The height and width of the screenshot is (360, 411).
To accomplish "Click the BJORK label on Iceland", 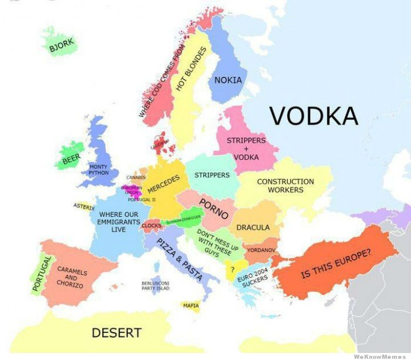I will pos(62,45).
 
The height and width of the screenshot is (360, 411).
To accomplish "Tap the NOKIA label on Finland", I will pos(228,80).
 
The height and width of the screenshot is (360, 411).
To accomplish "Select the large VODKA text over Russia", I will pos(314,116).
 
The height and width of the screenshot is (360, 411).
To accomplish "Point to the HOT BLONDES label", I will pos(188,69).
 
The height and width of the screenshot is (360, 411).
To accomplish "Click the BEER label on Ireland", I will pos(72,159).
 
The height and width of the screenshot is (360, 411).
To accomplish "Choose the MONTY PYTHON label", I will pos(98,170).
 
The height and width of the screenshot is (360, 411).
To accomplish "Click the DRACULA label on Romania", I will pos(253,227).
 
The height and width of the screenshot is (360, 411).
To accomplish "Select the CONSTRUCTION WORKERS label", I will pos(285,186).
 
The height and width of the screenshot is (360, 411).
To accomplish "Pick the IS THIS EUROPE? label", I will pos(336,264).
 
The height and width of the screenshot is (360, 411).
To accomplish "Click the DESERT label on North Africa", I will pos(116,333).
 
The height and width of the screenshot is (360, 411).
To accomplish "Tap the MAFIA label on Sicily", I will pos(191,305).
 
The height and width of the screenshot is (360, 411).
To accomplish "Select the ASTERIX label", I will pos(83,206).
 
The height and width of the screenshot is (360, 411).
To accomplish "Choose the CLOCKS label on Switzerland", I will pos(151,226).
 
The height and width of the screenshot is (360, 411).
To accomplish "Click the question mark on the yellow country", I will pos(233,269).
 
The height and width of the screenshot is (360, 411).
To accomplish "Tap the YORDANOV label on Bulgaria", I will pos(261,250).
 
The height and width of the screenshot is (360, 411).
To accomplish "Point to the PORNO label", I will pos(214,208).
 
